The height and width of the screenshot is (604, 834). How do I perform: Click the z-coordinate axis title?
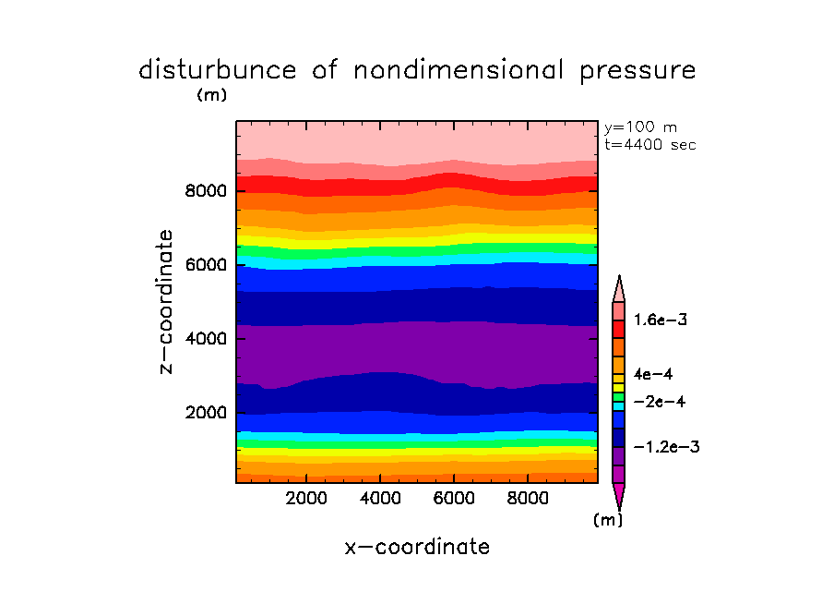coord(167,301)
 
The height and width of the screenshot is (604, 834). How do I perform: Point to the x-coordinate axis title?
coord(417,547)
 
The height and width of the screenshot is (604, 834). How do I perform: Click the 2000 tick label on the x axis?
coord(307,499)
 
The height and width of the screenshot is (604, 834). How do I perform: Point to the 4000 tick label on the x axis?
coord(380,499)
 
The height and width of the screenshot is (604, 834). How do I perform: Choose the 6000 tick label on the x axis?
coord(454,499)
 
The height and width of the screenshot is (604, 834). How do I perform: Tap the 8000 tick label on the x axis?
coord(527,499)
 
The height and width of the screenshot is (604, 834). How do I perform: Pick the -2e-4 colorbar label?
coord(661,403)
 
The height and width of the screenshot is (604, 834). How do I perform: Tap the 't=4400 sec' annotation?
coord(649,144)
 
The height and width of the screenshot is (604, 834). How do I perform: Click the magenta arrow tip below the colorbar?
coord(618,497)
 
